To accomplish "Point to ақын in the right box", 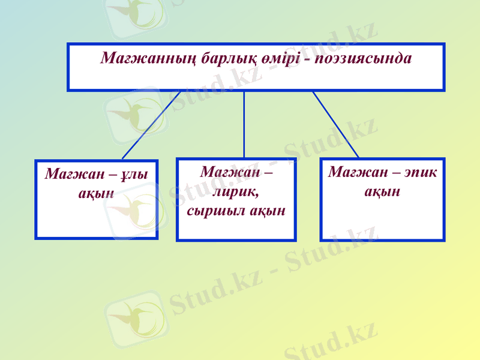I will point(382,192).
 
